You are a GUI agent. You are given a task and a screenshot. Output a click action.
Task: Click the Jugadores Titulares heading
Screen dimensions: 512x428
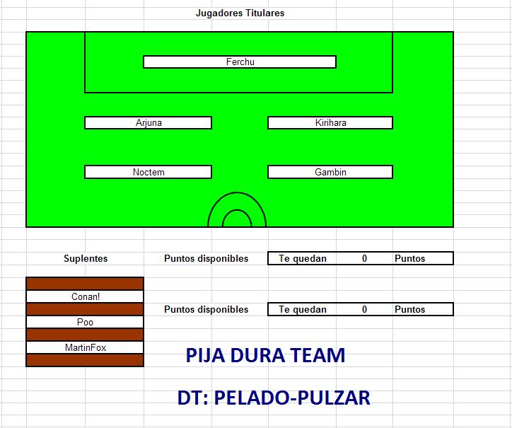240,13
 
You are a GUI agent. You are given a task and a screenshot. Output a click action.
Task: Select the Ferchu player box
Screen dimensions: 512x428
240,62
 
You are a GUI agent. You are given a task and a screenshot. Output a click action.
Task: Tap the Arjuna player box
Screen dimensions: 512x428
149,123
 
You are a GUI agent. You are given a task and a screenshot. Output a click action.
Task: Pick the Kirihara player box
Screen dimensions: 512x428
330,123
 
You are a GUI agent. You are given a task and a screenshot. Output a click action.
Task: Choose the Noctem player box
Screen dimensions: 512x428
149,172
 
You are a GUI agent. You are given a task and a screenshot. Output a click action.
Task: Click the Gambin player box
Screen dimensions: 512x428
330,172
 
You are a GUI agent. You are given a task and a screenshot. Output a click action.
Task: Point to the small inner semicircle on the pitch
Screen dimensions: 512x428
237,210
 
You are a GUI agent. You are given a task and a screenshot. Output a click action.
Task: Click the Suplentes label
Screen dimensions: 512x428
86,258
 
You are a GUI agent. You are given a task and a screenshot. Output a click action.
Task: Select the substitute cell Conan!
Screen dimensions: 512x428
85,296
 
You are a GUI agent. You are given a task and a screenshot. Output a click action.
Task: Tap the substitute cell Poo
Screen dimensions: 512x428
85,322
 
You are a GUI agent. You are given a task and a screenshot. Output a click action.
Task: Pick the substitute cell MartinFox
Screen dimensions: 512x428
85,347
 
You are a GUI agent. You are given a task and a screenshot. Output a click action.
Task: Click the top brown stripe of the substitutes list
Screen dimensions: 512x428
85,283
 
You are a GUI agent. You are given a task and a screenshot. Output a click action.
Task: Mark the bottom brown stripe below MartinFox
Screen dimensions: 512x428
85,360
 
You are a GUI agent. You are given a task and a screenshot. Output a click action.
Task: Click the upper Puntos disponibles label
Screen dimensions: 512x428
206,258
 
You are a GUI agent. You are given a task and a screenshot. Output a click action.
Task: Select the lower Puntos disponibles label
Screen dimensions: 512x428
206,309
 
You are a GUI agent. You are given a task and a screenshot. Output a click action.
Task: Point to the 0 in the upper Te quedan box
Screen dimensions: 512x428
364,258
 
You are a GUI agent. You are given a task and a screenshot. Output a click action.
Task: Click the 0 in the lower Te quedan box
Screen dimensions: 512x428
364,309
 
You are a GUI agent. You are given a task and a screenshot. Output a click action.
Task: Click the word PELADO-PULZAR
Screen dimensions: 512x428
292,398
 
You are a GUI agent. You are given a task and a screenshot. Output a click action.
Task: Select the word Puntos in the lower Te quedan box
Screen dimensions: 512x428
409,309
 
